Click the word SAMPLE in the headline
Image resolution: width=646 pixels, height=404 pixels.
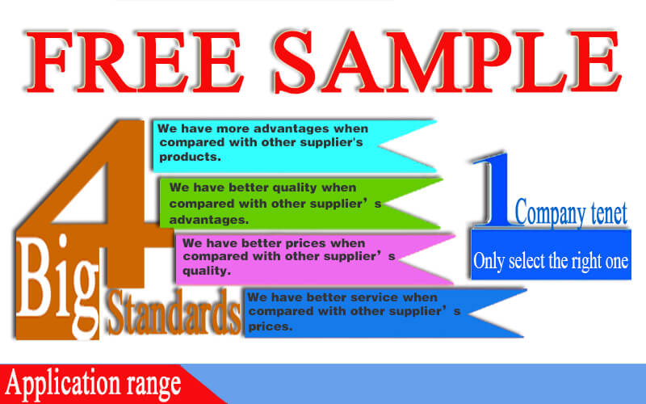tap(447, 61)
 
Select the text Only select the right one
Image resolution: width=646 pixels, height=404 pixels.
tap(551, 261)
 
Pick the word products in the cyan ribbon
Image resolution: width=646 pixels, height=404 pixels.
tap(190, 157)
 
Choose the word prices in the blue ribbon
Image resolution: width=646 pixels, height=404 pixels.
tap(271, 326)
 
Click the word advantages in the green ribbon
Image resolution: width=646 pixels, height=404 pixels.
tap(209, 220)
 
